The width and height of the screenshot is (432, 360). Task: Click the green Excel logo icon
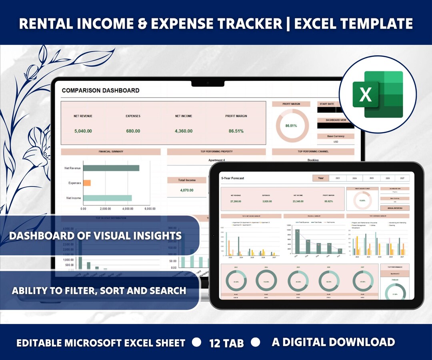click(378, 94)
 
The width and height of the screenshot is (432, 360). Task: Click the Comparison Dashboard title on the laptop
click(100, 90)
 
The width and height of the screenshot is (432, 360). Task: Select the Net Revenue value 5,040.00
click(83, 131)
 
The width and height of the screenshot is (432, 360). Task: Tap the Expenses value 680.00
click(133, 131)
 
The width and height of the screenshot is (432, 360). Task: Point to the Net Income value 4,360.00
click(184, 131)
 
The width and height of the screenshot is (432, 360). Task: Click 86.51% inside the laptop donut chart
click(291, 126)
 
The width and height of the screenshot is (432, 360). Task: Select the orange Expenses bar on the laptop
click(86, 183)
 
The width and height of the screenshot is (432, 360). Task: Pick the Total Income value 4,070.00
click(187, 190)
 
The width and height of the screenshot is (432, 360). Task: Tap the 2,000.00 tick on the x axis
click(105, 209)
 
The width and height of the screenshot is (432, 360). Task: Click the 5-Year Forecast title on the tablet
click(232, 178)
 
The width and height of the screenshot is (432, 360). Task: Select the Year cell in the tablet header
click(320, 178)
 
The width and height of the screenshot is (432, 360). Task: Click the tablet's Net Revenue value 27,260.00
click(235, 202)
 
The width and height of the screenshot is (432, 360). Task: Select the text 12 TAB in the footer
click(226, 343)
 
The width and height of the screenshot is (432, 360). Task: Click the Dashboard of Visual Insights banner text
click(95, 236)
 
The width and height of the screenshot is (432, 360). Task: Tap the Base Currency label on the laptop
click(336, 136)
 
